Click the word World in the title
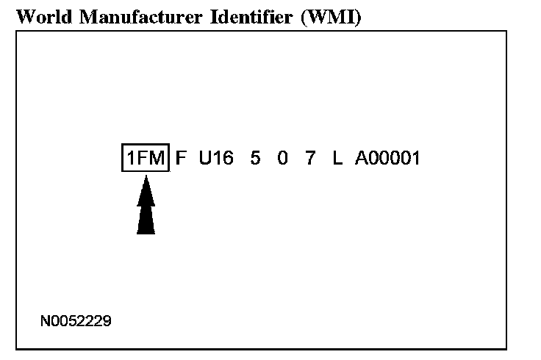pos(37,17)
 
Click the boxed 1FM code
pos(146,157)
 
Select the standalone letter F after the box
pos(181,157)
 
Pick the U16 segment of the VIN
pos(216,157)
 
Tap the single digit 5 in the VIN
pos(255,157)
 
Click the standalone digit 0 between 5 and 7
pos(283,157)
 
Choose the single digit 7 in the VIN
pos(310,157)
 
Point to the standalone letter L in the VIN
pos(337,157)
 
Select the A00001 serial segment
pos(387,157)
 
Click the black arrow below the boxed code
pos(146,209)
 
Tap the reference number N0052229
pos(77,321)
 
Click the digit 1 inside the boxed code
pos(130,157)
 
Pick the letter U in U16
pos(204,157)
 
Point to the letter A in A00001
pos(361,157)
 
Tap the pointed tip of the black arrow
pos(146,176)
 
